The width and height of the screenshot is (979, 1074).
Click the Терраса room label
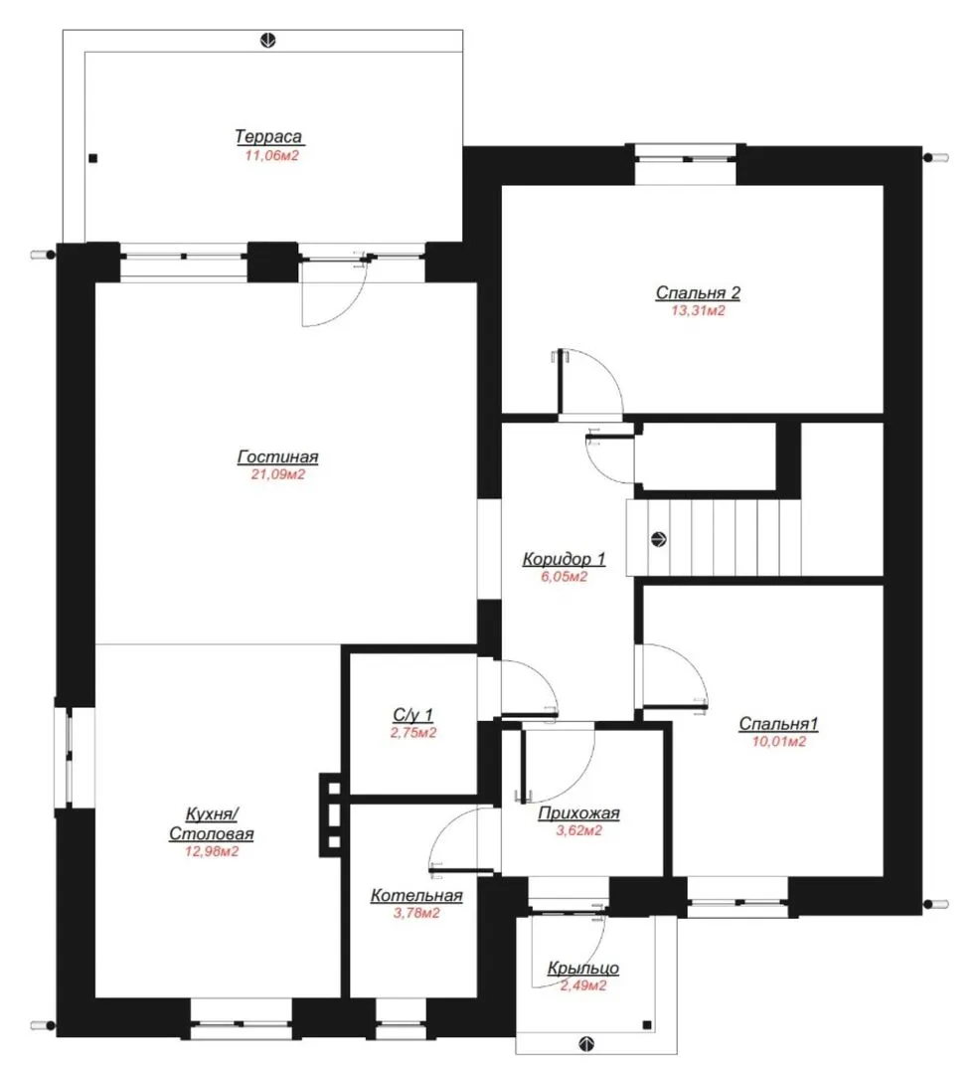pyautogui.click(x=268, y=136)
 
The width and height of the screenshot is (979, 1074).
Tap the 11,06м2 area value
pyautogui.click(x=271, y=155)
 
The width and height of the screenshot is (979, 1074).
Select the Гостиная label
pyautogui.click(x=278, y=456)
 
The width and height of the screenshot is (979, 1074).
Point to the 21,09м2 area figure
pyautogui.click(x=278, y=474)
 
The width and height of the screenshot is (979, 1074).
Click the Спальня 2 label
pyautogui.click(x=698, y=292)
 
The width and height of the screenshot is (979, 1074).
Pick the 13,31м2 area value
pyautogui.click(x=698, y=310)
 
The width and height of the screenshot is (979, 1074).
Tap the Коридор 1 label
pyautogui.click(x=564, y=559)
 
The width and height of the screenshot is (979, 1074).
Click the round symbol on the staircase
pyautogui.click(x=659, y=539)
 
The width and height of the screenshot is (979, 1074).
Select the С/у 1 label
pyautogui.click(x=412, y=714)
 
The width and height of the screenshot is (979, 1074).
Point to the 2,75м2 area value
pyautogui.click(x=413, y=733)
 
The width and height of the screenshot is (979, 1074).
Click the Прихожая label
pyautogui.click(x=578, y=813)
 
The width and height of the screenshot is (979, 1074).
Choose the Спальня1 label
pyautogui.click(x=778, y=723)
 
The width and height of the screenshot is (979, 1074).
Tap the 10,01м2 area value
pyautogui.click(x=779, y=741)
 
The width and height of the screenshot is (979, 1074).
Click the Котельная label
pyautogui.click(x=416, y=895)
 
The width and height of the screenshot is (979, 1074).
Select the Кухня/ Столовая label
pyautogui.click(x=212, y=824)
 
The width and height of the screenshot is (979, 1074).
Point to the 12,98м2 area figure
pyautogui.click(x=212, y=852)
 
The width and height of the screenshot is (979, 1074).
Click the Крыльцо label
pyautogui.click(x=583, y=968)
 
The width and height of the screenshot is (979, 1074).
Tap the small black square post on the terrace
pyautogui.click(x=93, y=158)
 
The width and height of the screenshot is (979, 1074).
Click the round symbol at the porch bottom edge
pyautogui.click(x=586, y=1044)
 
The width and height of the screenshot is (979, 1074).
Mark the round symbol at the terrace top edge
pyautogui.click(x=267, y=41)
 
